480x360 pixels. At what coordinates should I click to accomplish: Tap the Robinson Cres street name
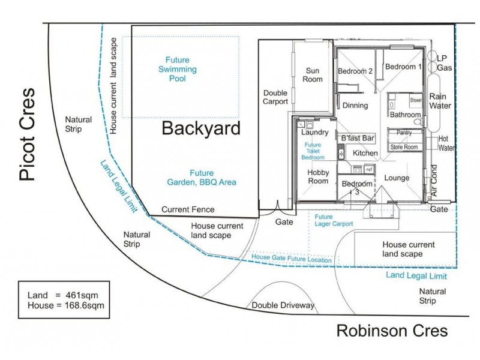pyautogui.click(x=392, y=331)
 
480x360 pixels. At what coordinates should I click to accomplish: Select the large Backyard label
pyautogui.click(x=201, y=128)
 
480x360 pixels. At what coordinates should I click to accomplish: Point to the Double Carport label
pyautogui.click(x=276, y=97)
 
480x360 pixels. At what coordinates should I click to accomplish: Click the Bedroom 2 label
pyautogui.click(x=356, y=71)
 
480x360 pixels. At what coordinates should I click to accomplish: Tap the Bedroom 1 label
pyautogui.click(x=403, y=67)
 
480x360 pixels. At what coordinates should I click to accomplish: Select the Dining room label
pyautogui.click(x=355, y=106)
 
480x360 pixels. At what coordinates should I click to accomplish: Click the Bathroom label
pyautogui.click(x=406, y=114)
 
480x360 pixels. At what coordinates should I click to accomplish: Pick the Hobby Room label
pyautogui.click(x=317, y=176)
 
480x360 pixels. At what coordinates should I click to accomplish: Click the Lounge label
pyautogui.click(x=396, y=178)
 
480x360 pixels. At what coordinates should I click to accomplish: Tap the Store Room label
pyautogui.click(x=404, y=146)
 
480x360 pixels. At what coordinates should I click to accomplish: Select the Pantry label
pyautogui.click(x=404, y=133)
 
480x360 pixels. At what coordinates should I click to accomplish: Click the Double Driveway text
pyautogui.click(x=283, y=305)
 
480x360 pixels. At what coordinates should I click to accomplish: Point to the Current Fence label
pyautogui.click(x=188, y=209)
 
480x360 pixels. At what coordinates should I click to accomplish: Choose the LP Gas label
pyautogui.click(x=443, y=63)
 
